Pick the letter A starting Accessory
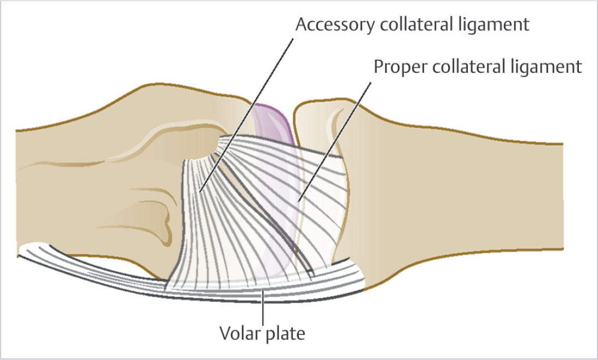point(300,25)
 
